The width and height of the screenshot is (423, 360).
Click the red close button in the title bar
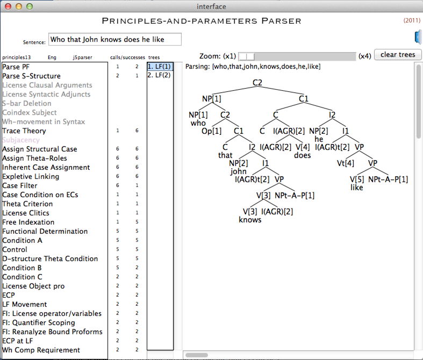pyautogui.click(x=8, y=6)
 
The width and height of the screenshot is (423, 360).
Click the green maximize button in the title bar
pyautogui.click(x=30, y=6)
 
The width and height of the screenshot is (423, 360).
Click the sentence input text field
pyautogui.click(x=115, y=39)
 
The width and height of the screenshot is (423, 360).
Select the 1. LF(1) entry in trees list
pyautogui.click(x=160, y=67)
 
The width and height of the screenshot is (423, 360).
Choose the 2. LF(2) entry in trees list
pyautogui.click(x=159, y=75)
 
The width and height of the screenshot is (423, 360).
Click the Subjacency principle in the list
pyautogui.click(x=21, y=140)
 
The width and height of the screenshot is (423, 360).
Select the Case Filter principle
pyautogui.click(x=20, y=185)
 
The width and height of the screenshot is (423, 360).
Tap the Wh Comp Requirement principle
pyautogui.click(x=41, y=350)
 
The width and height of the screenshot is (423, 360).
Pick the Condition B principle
pyautogui.click(x=22, y=268)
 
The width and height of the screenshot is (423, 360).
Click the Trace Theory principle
pyautogui.click(x=24, y=131)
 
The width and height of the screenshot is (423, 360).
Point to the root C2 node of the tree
pyautogui.click(x=257, y=83)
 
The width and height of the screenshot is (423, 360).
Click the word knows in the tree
pyautogui.click(x=250, y=220)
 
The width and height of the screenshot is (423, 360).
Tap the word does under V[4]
pyautogui.click(x=303, y=155)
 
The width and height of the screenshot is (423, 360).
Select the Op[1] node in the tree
pyautogui.click(x=212, y=131)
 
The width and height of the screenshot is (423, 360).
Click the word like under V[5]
pyautogui.click(x=357, y=188)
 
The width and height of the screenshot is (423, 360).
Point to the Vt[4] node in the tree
pyautogui.click(x=346, y=163)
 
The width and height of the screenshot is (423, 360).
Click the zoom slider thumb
pyautogui.click(x=247, y=56)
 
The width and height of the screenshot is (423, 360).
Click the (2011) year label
pyautogui.click(x=412, y=20)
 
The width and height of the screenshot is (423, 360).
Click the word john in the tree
pyautogui.click(x=238, y=171)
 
